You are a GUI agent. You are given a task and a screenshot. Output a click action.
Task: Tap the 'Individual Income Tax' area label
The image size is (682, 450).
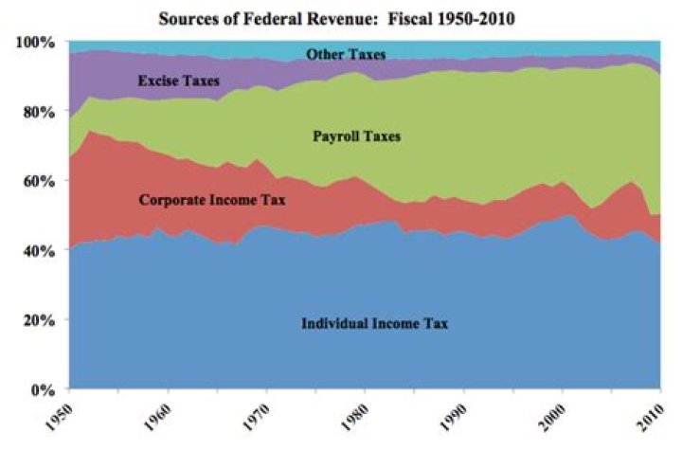point(374,324)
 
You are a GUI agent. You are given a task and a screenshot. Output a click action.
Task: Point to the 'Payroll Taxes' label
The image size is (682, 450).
point(357,137)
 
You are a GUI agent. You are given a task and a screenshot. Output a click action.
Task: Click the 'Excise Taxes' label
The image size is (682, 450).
point(178,81)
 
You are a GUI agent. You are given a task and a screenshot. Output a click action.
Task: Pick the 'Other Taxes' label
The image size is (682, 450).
point(346,55)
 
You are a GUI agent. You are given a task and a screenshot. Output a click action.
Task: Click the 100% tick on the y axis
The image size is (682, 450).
point(37,43)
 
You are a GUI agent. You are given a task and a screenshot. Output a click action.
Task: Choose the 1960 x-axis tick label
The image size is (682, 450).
point(159,415)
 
